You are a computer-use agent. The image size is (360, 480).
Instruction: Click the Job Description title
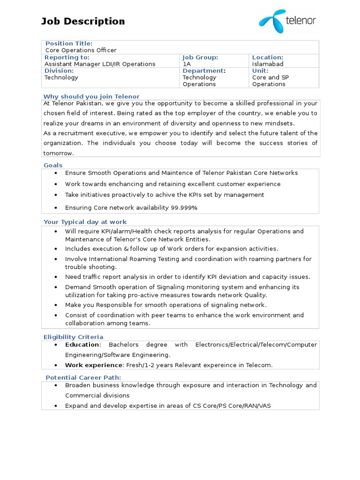(x=83, y=21)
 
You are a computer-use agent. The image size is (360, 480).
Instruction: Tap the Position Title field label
(x=69, y=44)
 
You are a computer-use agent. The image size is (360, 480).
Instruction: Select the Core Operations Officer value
(x=81, y=50)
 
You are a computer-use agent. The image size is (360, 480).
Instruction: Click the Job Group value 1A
(x=187, y=64)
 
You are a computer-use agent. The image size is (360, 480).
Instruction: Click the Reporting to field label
(x=67, y=57)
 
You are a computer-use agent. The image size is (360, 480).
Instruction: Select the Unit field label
(x=260, y=71)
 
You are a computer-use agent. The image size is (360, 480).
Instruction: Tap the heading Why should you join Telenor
(x=91, y=97)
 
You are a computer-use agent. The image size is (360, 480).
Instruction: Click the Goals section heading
(x=53, y=165)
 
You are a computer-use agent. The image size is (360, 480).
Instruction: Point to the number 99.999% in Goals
(x=184, y=207)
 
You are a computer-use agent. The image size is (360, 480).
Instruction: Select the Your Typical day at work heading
(x=85, y=222)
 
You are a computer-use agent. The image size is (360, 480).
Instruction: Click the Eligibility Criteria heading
(x=73, y=337)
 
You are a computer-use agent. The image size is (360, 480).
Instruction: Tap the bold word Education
(x=82, y=345)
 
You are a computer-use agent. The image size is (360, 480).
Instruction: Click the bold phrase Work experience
(x=93, y=365)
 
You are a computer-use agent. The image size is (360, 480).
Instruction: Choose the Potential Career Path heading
(x=83, y=377)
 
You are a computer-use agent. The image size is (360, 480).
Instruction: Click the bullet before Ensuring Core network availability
(x=56, y=207)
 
